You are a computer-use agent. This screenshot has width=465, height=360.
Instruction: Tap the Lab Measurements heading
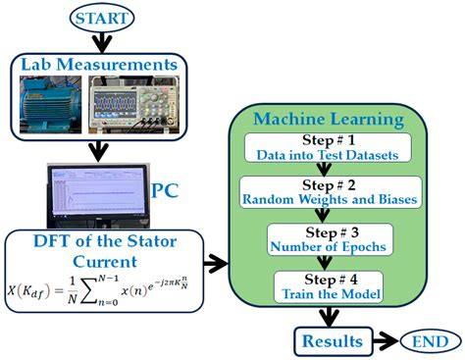[x=98, y=65]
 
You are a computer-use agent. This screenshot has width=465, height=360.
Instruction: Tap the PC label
[x=166, y=188]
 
